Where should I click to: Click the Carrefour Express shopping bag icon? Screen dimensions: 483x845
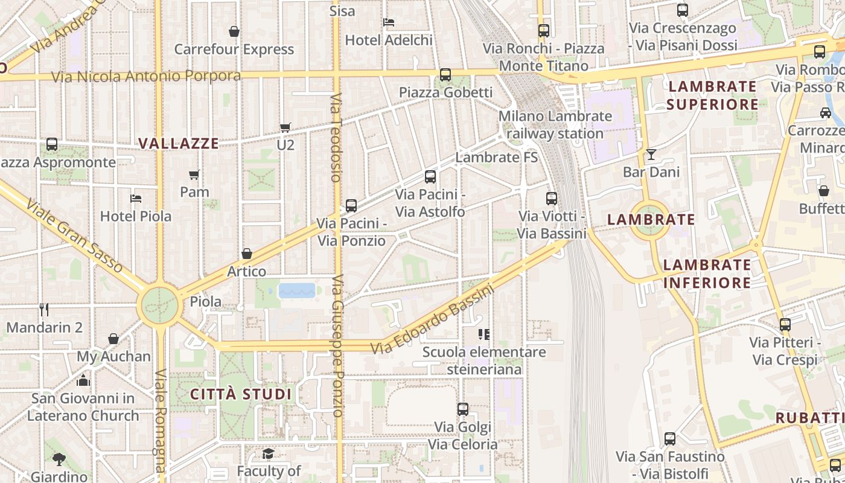tap(234, 31)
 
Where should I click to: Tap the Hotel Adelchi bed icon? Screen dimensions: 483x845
tap(389, 22)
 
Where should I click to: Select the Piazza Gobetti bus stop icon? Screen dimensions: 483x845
tap(445, 75)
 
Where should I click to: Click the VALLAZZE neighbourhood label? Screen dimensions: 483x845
tap(178, 144)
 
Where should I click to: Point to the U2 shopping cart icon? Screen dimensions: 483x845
tap(285, 127)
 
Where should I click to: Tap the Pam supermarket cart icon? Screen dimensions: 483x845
tap(194, 175)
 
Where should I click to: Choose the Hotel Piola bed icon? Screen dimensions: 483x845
tap(136, 198)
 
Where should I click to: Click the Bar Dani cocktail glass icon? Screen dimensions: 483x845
tap(651, 155)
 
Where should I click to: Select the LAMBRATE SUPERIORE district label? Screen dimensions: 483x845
tap(712, 95)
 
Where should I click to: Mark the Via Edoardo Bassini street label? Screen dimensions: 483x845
tap(432, 320)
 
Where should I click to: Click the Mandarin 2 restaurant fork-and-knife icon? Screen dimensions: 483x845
tap(43, 310)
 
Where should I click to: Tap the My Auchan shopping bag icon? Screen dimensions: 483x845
tap(113, 339)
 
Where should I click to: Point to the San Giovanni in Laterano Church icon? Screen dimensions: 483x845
tap(83, 380)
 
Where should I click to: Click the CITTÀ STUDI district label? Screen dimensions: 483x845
tap(241, 395)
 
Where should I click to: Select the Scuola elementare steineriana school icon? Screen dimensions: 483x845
tap(483, 334)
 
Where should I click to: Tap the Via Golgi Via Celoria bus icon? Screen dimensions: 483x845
tap(463, 409)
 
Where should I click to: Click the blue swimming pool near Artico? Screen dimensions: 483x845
tap(297, 291)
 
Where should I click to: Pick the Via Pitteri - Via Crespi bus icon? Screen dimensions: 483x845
tap(785, 325)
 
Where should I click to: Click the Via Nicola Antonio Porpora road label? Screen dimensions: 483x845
tap(146, 77)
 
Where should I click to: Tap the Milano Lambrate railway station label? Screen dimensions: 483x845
tap(555, 125)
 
